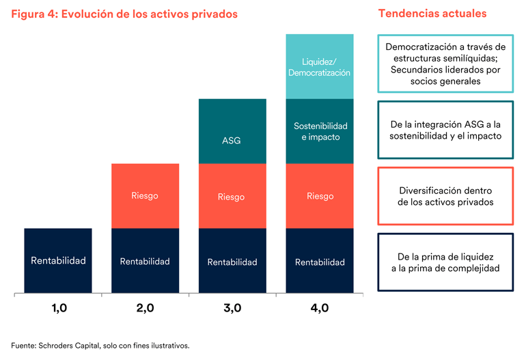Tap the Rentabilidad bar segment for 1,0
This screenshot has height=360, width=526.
coord(58,261)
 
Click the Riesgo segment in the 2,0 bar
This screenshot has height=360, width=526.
coord(145,196)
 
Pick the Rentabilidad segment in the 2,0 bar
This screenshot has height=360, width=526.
coord(145,262)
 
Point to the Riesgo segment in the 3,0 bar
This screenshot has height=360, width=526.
coord(232,197)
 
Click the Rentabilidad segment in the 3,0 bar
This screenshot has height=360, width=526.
coord(232,262)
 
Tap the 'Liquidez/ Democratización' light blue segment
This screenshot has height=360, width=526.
coord(320,66)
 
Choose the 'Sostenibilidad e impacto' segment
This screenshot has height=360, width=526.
coord(320,131)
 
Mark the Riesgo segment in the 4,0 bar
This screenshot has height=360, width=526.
coord(320,196)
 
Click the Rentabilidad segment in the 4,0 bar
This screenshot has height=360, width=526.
coord(320,262)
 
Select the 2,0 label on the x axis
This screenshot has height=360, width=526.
coord(146,309)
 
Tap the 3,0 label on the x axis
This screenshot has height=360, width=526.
coord(232,309)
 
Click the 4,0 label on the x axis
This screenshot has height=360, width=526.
coord(320,309)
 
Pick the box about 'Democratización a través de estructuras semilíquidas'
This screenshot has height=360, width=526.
coord(445,64)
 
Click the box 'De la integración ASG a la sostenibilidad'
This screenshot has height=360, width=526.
coord(445,129)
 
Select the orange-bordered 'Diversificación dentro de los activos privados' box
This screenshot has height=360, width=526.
coord(445,195)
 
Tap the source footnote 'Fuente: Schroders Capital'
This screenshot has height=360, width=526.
coord(100,346)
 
